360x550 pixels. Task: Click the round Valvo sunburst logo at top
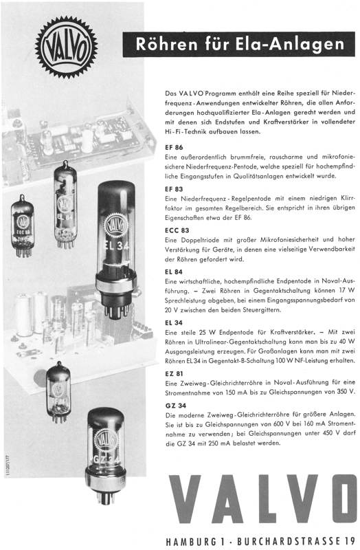[66, 47]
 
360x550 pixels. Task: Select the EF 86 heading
[174, 147]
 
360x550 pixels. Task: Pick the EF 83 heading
[174, 189]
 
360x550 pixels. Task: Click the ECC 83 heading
[177, 230]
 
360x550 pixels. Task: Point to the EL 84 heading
[174, 272]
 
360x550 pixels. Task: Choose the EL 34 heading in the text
[174, 322]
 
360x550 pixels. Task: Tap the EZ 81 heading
[174, 373]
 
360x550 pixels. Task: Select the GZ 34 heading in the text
[176, 406]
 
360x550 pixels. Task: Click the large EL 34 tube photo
[115, 249]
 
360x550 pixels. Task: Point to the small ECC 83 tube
[23, 225]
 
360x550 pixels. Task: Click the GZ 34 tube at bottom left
[106, 455]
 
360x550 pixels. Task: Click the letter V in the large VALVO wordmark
[185, 498]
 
